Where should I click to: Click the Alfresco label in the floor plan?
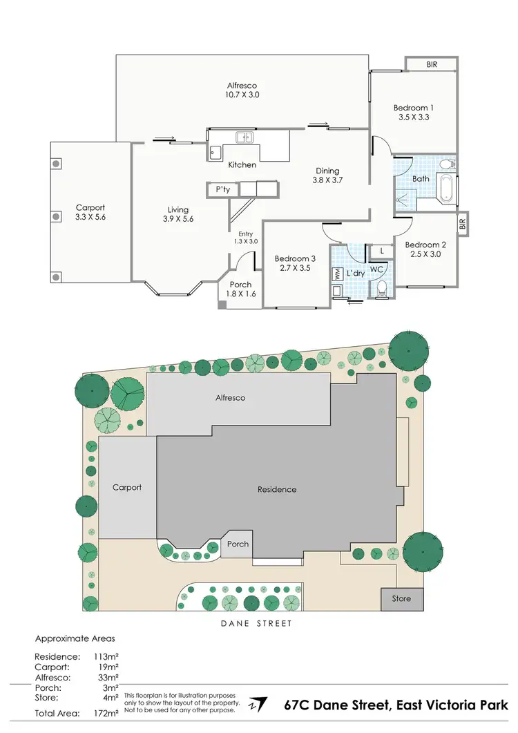tap(242, 84)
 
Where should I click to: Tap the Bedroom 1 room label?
tap(414, 108)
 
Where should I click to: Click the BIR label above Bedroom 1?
tap(432, 64)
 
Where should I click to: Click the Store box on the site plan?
tap(401, 598)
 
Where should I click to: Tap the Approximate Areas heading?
tap(75, 638)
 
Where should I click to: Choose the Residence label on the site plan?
tap(277, 489)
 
